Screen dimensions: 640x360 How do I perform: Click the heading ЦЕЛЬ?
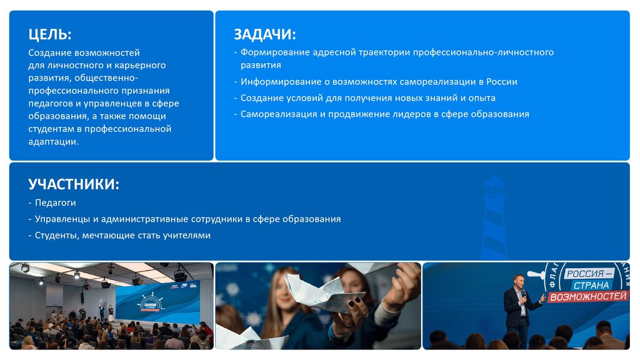click(x=50, y=35)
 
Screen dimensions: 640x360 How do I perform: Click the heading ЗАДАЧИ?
click(x=265, y=35)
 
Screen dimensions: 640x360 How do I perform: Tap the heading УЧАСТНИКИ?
click(x=74, y=184)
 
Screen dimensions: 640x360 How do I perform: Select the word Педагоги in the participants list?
click(x=56, y=203)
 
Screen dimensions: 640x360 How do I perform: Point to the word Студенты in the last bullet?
click(x=57, y=236)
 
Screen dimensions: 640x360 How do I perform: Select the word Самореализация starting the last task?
click(x=279, y=114)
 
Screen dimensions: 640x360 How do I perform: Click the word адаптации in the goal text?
click(x=54, y=142)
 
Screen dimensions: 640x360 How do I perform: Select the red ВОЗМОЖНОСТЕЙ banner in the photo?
click(x=587, y=296)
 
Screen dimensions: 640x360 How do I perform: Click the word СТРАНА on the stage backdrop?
click(x=591, y=285)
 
